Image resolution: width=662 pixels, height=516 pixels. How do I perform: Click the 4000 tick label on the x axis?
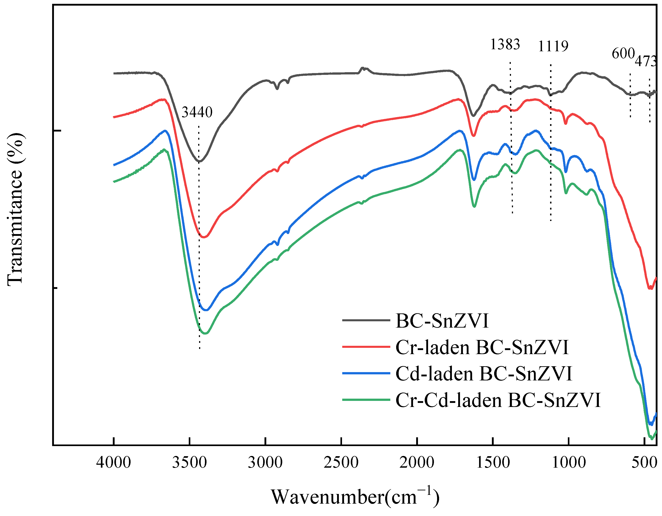pyautogui.click(x=114, y=463)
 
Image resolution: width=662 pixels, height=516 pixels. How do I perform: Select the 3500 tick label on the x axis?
pyautogui.click(x=189, y=463)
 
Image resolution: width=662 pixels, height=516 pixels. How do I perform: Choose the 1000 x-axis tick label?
pyautogui.click(x=569, y=463)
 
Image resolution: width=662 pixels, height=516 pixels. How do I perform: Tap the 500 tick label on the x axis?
pyautogui.click(x=644, y=463)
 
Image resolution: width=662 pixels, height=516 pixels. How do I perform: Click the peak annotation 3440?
pyautogui.click(x=197, y=113)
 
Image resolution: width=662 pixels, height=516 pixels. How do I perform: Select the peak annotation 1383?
pyautogui.click(x=505, y=45)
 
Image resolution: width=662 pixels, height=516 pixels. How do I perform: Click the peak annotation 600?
pyautogui.click(x=623, y=54)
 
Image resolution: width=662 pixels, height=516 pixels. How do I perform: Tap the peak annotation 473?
pyautogui.click(x=646, y=62)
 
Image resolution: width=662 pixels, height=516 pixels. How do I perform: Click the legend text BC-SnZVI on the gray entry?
pyautogui.click(x=442, y=321)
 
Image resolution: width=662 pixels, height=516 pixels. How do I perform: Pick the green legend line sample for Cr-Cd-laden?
pyautogui.click(x=366, y=400)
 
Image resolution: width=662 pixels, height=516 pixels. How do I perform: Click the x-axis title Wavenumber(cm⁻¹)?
pyautogui.click(x=355, y=497)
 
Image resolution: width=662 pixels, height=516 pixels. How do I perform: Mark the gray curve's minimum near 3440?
pyautogui.click(x=199, y=161)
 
